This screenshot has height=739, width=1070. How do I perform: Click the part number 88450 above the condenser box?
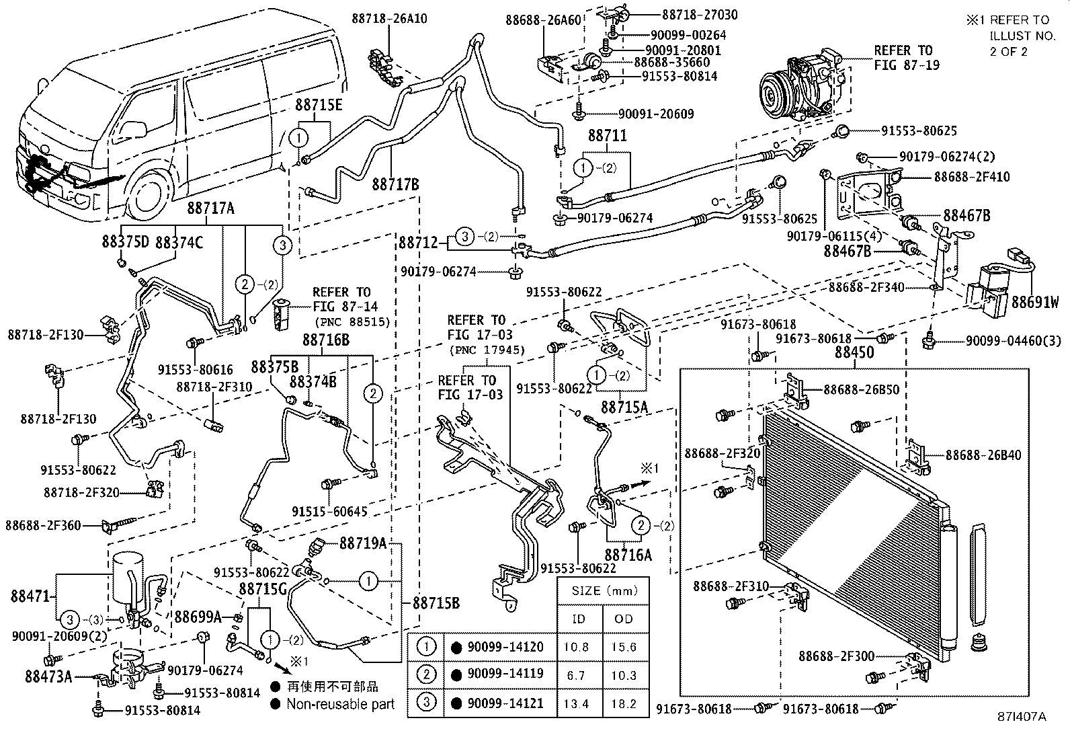(854, 352)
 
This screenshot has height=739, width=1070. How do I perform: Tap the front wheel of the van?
(152, 196)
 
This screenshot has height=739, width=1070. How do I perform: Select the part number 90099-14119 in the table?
(505, 674)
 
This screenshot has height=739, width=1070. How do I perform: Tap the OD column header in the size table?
(624, 619)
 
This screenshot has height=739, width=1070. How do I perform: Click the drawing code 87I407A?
(1021, 717)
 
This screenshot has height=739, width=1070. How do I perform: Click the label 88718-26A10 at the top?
(389, 19)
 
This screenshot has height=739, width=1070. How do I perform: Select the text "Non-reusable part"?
(340, 704)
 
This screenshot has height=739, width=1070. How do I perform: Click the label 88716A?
(628, 555)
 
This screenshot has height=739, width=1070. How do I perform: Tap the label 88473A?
(41, 676)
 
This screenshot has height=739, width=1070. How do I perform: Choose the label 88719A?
(364, 543)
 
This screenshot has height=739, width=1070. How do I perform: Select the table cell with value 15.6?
(624, 647)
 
